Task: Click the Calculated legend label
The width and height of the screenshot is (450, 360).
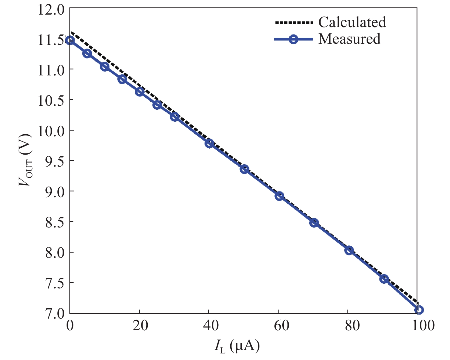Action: tap(352, 22)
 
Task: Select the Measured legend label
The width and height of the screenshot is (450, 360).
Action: tap(349, 39)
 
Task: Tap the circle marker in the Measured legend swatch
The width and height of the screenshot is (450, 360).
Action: tap(293, 39)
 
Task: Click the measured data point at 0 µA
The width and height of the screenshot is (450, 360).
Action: tap(70, 40)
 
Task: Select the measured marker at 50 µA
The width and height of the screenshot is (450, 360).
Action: tap(244, 169)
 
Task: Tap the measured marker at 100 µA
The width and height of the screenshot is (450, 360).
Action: tap(419, 310)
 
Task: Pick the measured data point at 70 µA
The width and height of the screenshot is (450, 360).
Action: tap(314, 223)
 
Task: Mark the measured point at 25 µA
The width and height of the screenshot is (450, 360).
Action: tap(157, 105)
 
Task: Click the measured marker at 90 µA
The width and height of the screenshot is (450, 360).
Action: tap(384, 279)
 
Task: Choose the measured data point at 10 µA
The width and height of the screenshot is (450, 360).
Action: tap(105, 67)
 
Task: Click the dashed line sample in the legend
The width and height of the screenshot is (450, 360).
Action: tap(293, 23)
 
